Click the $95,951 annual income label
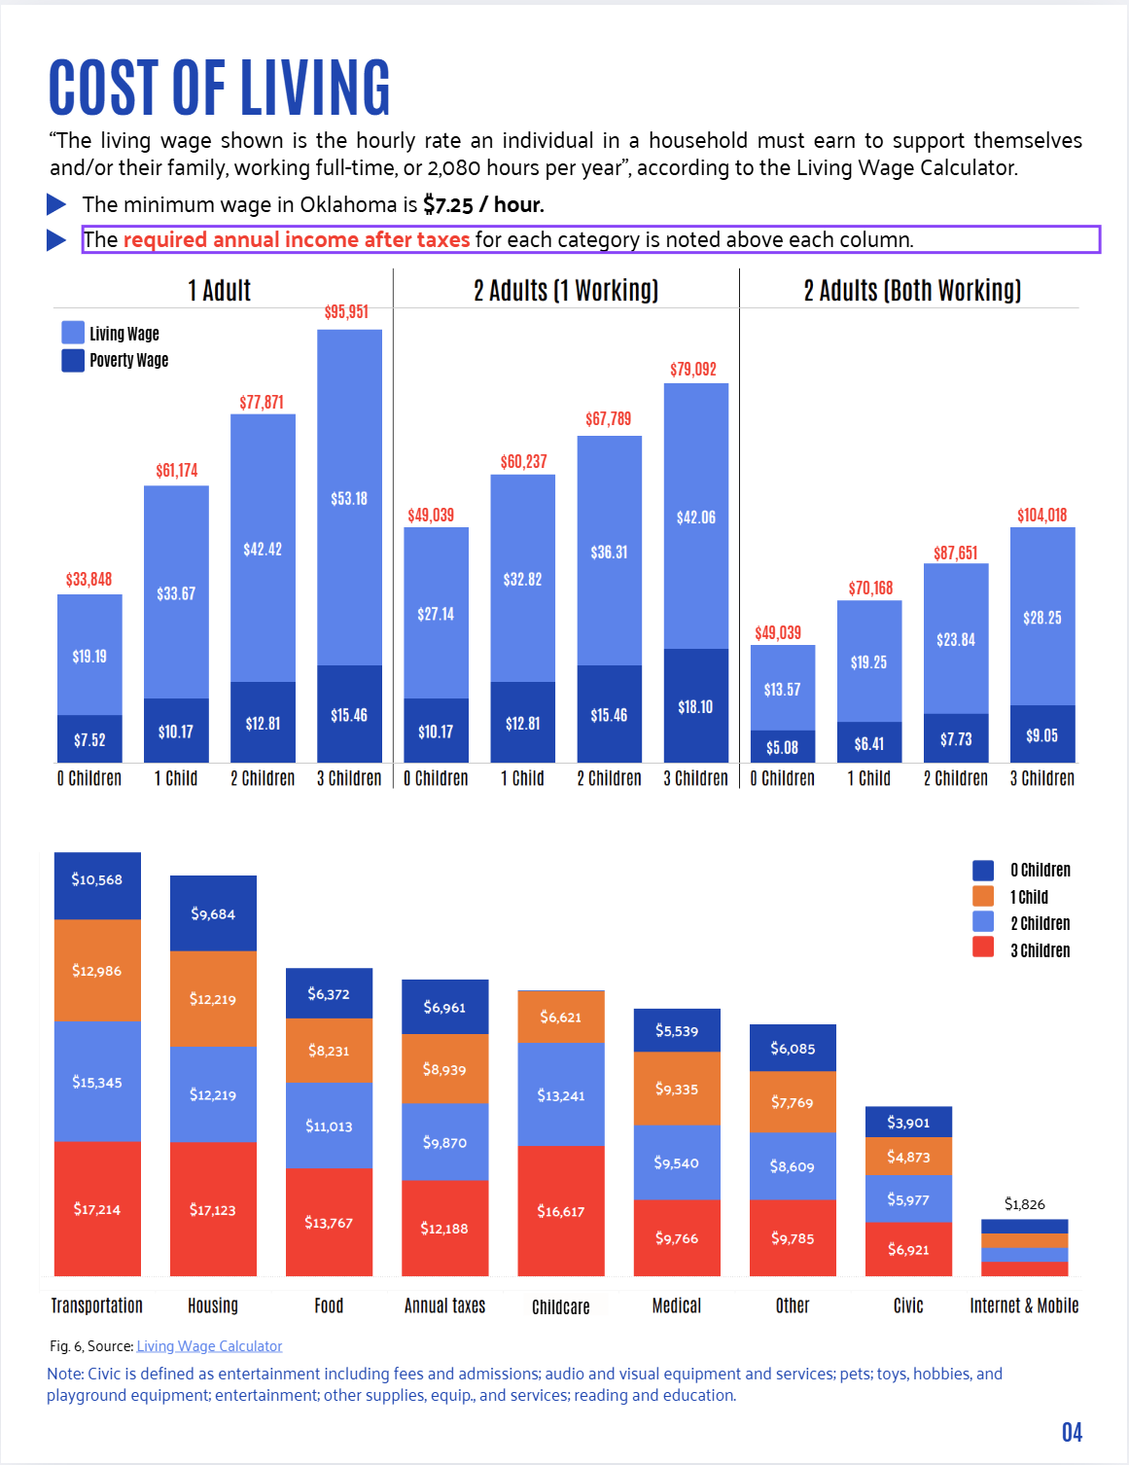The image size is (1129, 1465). (x=346, y=312)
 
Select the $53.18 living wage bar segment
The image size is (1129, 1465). (x=349, y=498)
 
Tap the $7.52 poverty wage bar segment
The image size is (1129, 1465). (x=89, y=739)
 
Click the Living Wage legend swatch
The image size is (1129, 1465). (x=73, y=333)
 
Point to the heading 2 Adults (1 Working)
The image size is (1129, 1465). (x=566, y=291)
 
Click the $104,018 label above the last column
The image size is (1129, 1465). (x=1041, y=515)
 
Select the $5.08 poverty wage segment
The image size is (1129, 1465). (x=782, y=747)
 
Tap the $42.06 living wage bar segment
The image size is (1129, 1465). (x=696, y=517)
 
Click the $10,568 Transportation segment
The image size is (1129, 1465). (x=97, y=880)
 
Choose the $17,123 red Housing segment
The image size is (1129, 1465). (x=213, y=1209)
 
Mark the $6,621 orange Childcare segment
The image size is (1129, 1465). (x=561, y=1017)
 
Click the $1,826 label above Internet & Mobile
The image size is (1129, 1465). (x=1024, y=1204)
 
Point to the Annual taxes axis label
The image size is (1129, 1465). (x=444, y=1305)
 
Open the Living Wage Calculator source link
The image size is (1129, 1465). (x=209, y=1346)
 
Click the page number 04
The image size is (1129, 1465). (x=1072, y=1432)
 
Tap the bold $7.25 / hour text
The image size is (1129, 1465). (x=483, y=204)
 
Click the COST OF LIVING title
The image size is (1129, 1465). (x=220, y=88)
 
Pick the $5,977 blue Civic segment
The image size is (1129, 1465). (x=908, y=1199)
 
